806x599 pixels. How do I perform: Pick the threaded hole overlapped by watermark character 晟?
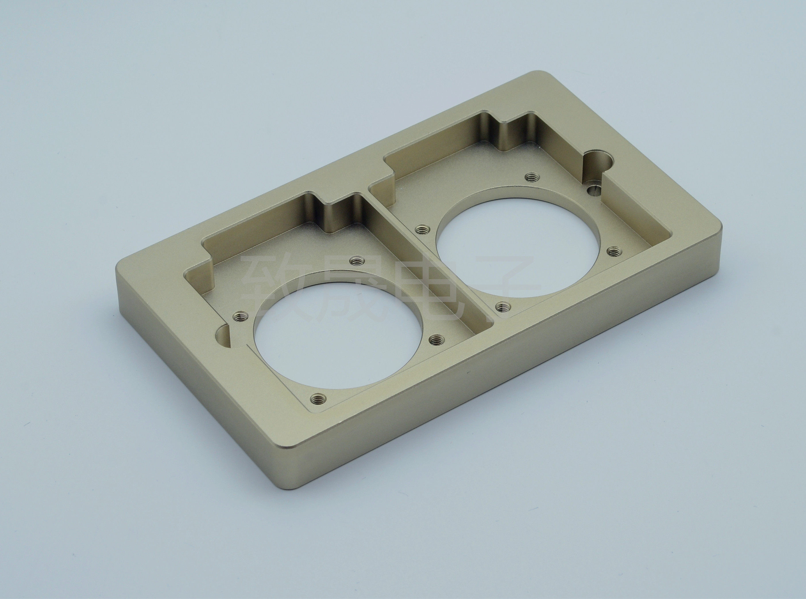(358, 260)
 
